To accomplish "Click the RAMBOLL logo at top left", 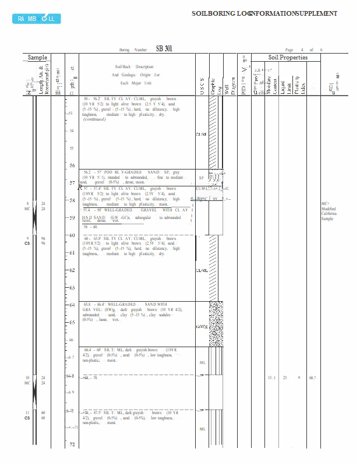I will coord(36,19).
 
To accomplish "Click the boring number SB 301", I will coord(164,49).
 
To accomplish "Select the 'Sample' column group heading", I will coord(38,57).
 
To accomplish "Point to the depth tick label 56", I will coord(72,166).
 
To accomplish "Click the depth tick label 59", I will coord(72,218).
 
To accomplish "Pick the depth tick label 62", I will coord(72,271).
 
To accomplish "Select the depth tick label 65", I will coord(72,322).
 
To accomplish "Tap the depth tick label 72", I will coord(72,445).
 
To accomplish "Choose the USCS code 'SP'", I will coord(201,178).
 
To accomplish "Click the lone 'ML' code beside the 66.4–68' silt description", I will coord(202,362).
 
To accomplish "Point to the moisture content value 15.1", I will coord(271,378).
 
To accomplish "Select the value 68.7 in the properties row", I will coord(312,378).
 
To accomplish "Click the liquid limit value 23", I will coord(285,378).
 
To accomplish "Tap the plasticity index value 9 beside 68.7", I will coord(299,378).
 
